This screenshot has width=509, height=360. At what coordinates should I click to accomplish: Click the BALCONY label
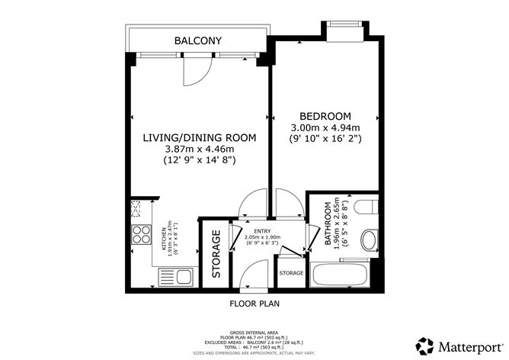pos(197,41)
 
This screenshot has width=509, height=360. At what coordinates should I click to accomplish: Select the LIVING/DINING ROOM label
pos(200,137)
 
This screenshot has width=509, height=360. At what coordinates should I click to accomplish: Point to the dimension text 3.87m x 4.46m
pos(200,149)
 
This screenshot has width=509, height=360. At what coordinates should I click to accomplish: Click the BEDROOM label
pos(325,116)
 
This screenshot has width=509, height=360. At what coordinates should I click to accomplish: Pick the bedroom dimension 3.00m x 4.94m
pos(325,127)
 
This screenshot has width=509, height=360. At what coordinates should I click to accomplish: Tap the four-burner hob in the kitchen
pos(141,234)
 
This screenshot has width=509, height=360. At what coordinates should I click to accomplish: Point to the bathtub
pos(342,274)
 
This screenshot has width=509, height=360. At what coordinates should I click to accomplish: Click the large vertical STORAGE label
pos(216,254)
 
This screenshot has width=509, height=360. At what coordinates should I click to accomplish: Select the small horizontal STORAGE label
pos(291,273)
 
